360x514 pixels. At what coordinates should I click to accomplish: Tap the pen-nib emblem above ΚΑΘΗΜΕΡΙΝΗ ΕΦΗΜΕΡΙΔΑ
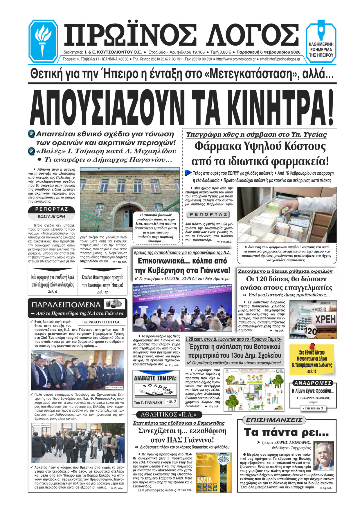click(321, 30)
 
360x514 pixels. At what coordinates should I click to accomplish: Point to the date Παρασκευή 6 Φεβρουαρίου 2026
click(268, 52)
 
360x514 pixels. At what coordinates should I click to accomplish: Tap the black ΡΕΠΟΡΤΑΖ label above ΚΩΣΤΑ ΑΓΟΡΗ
click(51, 209)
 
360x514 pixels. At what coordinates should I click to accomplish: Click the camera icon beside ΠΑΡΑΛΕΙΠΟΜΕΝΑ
click(116, 304)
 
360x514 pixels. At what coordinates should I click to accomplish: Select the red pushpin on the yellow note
click(312, 346)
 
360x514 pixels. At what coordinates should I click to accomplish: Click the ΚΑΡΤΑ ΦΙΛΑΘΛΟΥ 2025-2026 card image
click(214, 472)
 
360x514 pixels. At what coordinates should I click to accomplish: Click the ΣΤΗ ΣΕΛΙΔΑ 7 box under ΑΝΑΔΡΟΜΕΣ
click(313, 408)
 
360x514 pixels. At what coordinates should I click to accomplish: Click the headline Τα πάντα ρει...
click(286, 432)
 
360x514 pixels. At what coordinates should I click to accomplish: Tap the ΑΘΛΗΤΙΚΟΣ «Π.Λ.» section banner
click(168, 414)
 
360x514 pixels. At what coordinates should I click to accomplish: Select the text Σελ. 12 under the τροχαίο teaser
click(102, 292)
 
